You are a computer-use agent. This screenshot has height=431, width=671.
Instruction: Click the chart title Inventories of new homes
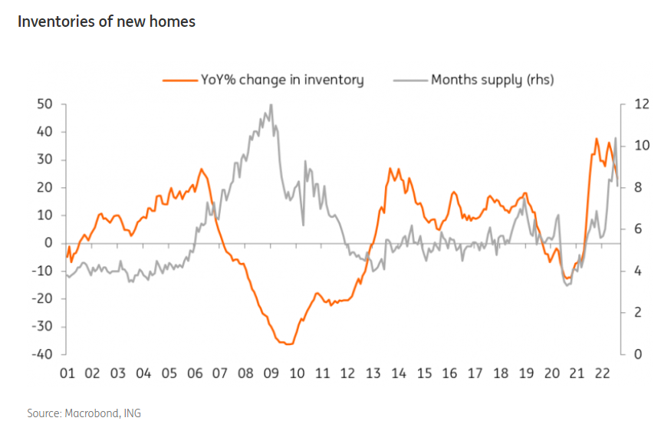click(x=107, y=21)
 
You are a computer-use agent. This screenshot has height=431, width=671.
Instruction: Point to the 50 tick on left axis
click(x=44, y=104)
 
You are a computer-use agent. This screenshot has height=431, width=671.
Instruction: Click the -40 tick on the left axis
click(x=41, y=354)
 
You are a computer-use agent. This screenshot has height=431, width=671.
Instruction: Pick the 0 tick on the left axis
click(x=48, y=243)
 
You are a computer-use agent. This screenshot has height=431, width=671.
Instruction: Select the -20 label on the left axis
click(x=41, y=299)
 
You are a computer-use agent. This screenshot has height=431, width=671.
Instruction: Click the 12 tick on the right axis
click(x=641, y=104)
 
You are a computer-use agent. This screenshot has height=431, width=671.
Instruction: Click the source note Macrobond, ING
click(x=84, y=413)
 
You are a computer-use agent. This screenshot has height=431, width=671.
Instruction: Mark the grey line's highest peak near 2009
click(x=271, y=104)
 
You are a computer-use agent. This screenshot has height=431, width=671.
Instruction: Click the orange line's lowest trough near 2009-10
click(x=288, y=344)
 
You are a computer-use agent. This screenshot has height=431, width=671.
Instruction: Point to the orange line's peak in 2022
click(x=597, y=139)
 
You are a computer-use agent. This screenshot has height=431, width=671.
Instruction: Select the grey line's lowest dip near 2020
click(x=567, y=285)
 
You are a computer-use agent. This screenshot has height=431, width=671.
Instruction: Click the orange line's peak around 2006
click(x=202, y=169)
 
